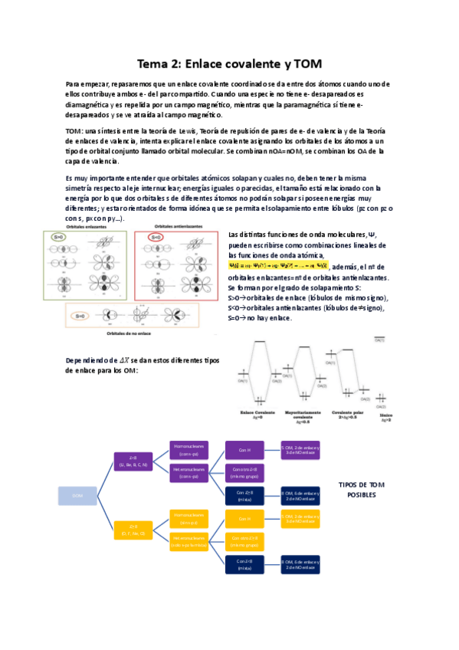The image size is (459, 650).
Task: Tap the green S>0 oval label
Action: pyautogui.click(x=59, y=238)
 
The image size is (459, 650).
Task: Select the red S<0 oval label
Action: pyautogui.click(x=156, y=238)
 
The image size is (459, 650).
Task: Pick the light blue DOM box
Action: pyautogui.click(x=77, y=496)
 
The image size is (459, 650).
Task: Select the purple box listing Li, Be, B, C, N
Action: pyautogui.click(x=133, y=461)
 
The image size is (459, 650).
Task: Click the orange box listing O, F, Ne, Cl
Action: pyautogui.click(x=133, y=530)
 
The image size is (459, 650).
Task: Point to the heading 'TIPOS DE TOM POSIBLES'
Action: pyautogui.click(x=361, y=490)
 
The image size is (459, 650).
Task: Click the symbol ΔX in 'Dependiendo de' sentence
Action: pyautogui.click(x=123, y=360)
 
